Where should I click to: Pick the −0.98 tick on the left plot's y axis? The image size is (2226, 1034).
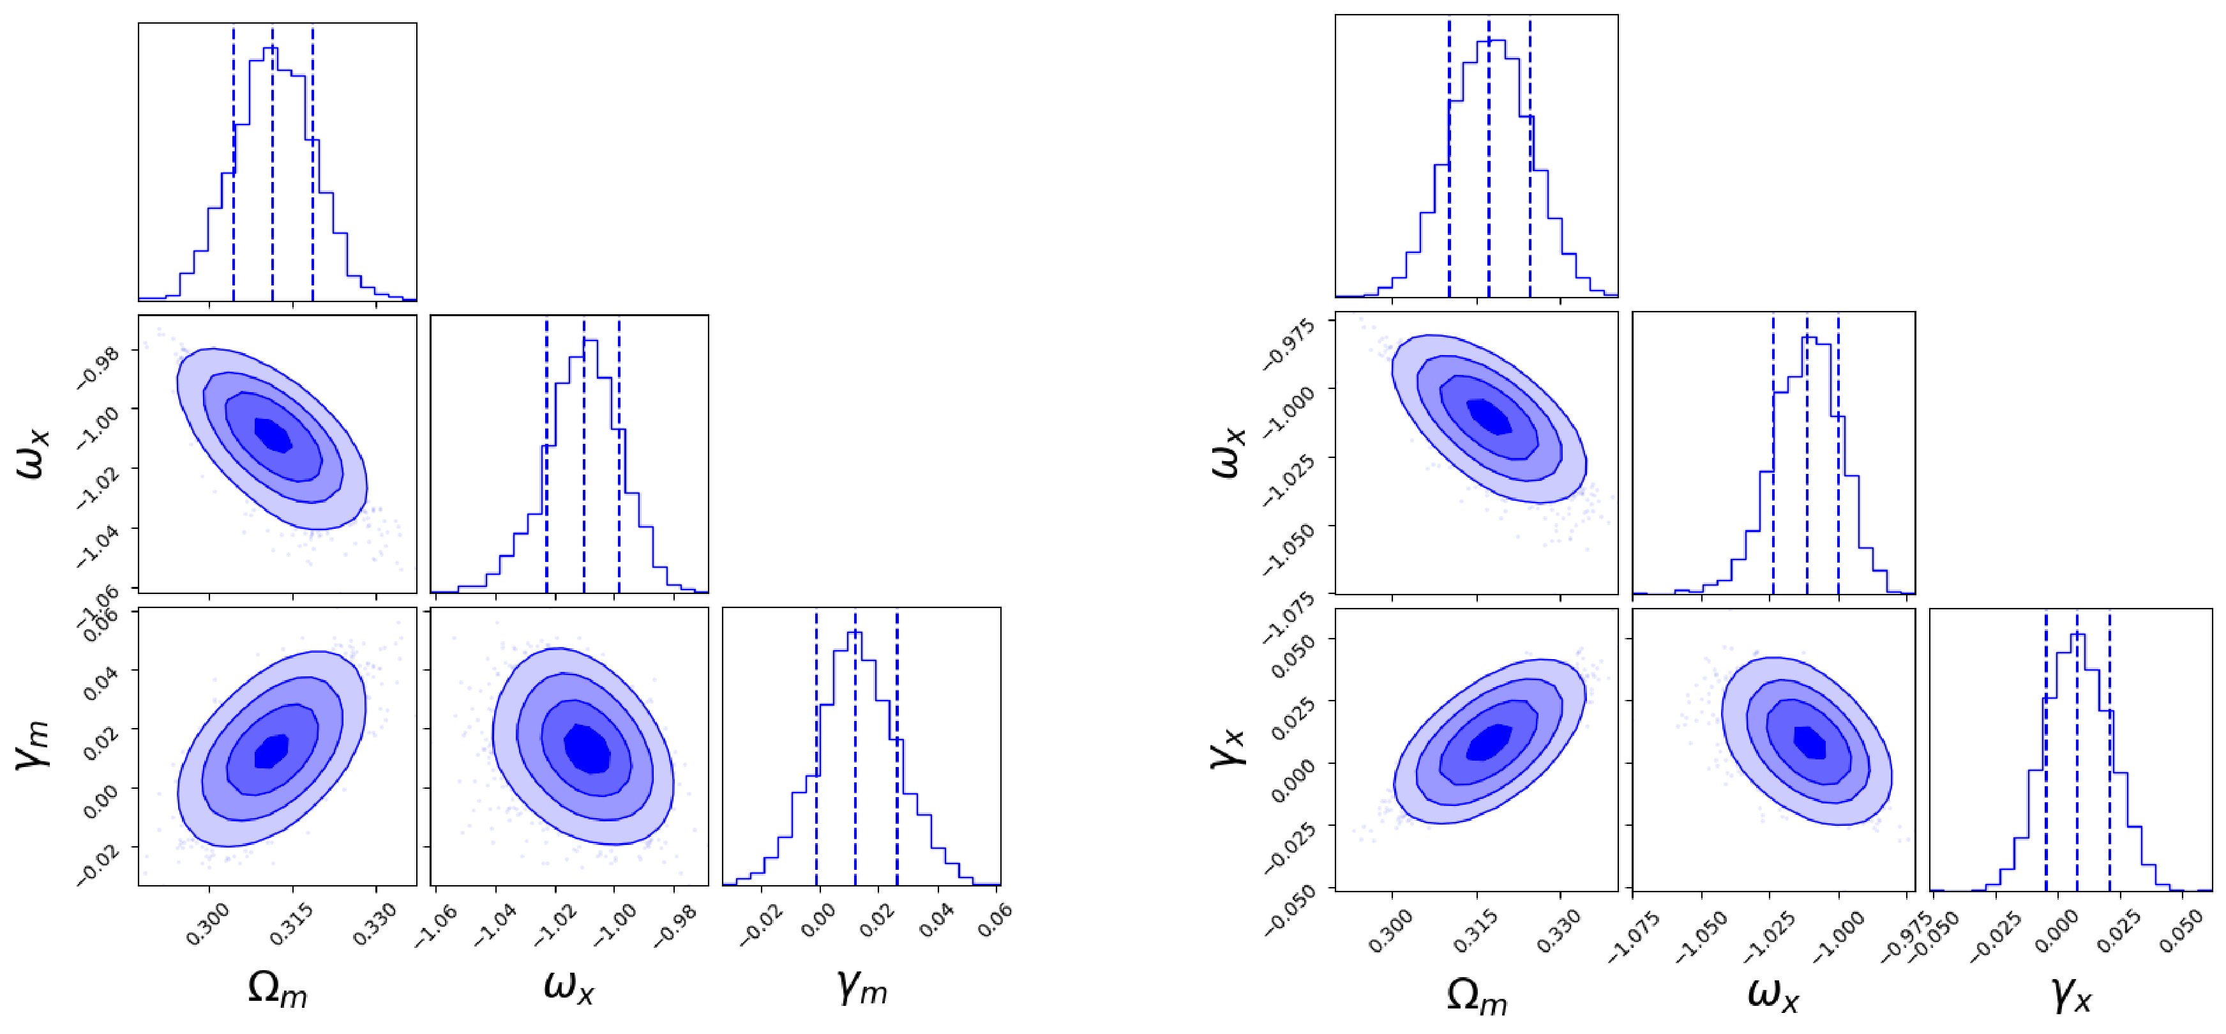pyautogui.click(x=100, y=364)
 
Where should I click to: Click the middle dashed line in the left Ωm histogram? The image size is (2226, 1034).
pyautogui.click(x=272, y=164)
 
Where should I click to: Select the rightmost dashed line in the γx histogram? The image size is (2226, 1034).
pyautogui.click(x=2109, y=752)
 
